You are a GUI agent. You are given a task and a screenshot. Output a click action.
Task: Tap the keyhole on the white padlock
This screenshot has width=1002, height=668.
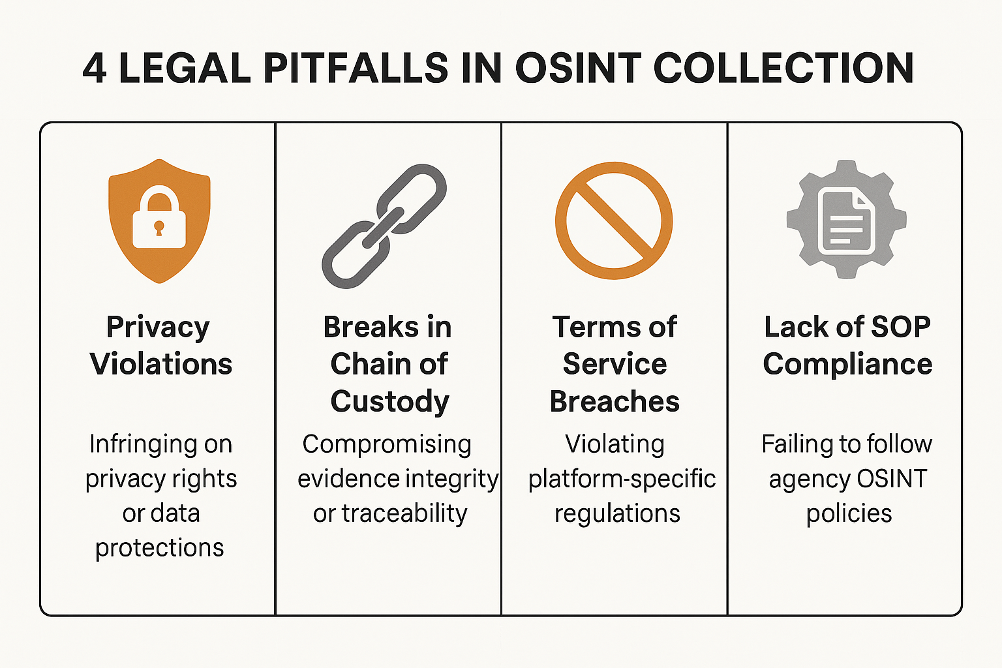[x=159, y=228]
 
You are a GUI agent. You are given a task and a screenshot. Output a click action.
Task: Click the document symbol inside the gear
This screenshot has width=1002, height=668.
[x=846, y=220]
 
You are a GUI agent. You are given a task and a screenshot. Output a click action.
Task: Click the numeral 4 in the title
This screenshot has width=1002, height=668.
[x=95, y=68]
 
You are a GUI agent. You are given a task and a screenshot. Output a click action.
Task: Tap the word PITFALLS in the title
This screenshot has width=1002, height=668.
[x=356, y=68]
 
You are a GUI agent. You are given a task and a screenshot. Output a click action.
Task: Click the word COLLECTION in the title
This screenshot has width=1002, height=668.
[x=783, y=68]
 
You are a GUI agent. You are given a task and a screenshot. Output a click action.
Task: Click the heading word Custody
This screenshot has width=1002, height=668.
[x=389, y=402]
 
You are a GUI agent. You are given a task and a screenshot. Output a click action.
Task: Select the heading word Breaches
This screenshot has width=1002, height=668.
[x=615, y=401]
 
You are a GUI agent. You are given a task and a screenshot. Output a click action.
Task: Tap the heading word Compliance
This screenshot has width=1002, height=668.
[x=847, y=365]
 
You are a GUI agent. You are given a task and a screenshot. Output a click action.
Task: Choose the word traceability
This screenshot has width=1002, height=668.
[x=404, y=513]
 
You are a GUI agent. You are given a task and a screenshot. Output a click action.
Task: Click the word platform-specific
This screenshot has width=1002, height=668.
[x=622, y=479]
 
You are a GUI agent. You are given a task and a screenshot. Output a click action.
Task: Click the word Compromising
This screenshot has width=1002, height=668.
[x=387, y=445]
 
